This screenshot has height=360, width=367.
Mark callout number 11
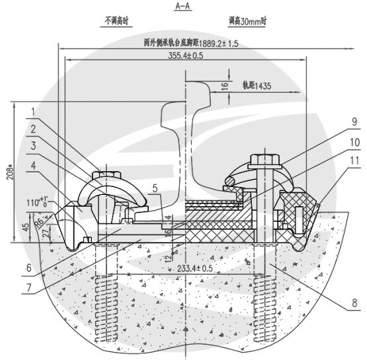point(336,161)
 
